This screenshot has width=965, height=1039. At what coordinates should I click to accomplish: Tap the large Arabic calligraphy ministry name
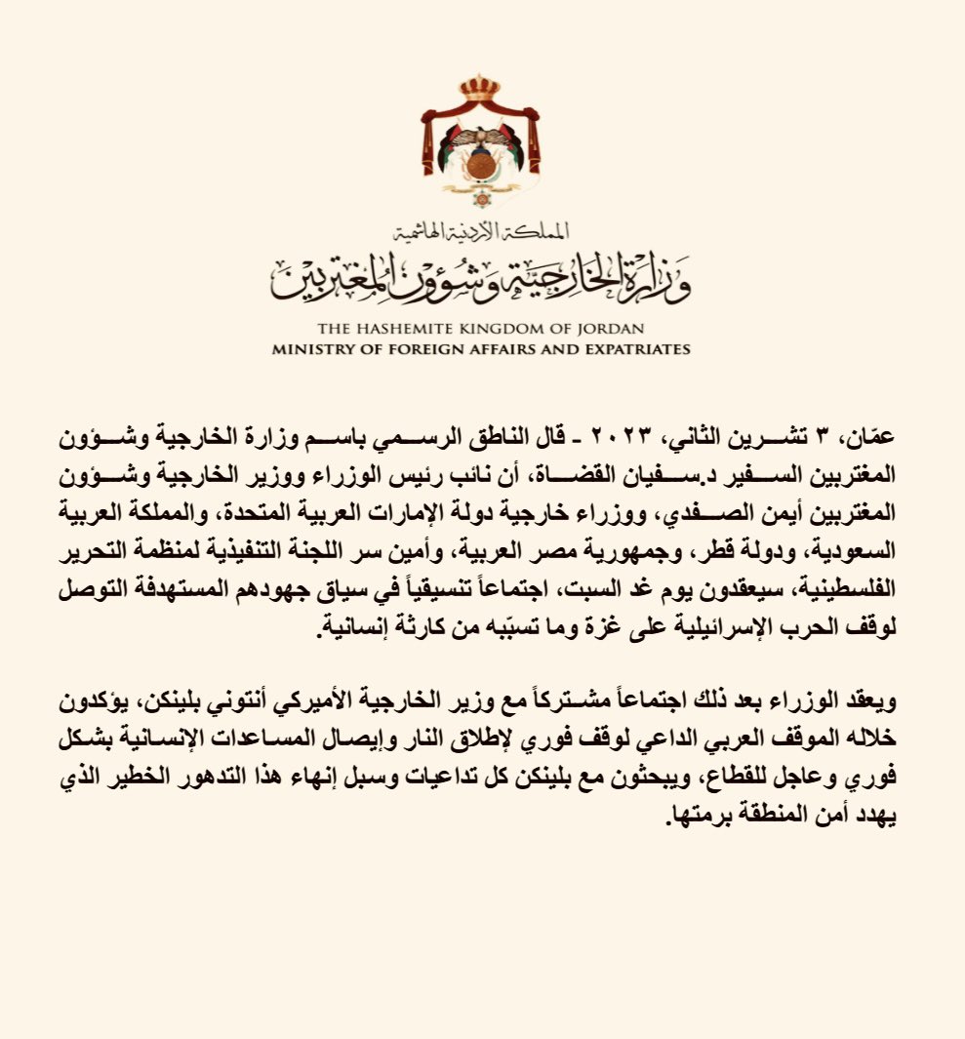point(482,277)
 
